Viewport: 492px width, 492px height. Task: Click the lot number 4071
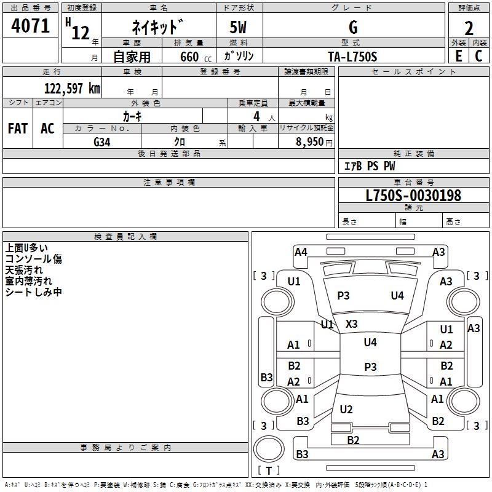tap(31, 26)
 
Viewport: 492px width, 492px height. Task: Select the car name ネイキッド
tap(157, 28)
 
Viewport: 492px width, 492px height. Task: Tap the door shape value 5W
tap(239, 28)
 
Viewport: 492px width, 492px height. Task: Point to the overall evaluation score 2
tap(469, 28)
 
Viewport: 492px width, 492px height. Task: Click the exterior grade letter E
tap(458, 56)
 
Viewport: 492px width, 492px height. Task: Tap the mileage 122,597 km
tap(72, 88)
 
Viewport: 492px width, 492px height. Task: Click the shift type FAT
tap(18, 129)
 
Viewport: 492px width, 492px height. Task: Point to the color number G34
tap(102, 141)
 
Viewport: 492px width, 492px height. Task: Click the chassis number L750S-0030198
tap(413, 196)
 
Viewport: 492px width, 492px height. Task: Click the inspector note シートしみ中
tap(33, 292)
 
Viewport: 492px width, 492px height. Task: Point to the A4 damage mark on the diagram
tap(301, 252)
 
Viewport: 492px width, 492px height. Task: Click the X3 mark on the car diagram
tap(352, 323)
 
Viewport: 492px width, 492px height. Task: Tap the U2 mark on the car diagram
tap(346, 410)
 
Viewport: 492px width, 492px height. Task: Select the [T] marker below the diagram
tap(269, 470)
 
